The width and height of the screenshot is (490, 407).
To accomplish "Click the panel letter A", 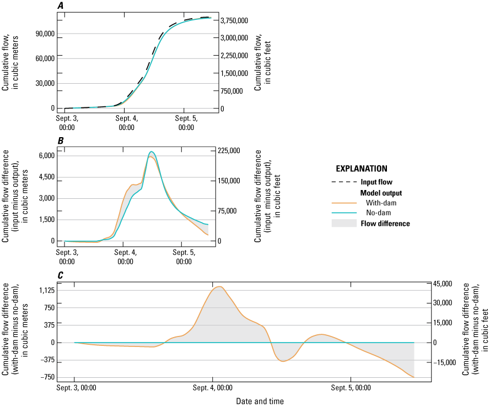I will (60, 6).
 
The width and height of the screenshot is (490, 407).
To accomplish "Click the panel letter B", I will (60, 141).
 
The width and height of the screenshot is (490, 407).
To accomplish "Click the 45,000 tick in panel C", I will (442, 284).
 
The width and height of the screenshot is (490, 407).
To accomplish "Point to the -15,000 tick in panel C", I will (444, 362).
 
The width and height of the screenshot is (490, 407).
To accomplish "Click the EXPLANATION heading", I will (362, 169).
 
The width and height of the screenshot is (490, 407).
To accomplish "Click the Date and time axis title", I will (260, 401).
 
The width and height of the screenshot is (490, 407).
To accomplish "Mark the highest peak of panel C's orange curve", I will (219, 287).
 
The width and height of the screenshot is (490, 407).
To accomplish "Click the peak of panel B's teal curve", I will (152, 151).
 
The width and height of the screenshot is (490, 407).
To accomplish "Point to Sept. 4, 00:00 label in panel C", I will (213, 388).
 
